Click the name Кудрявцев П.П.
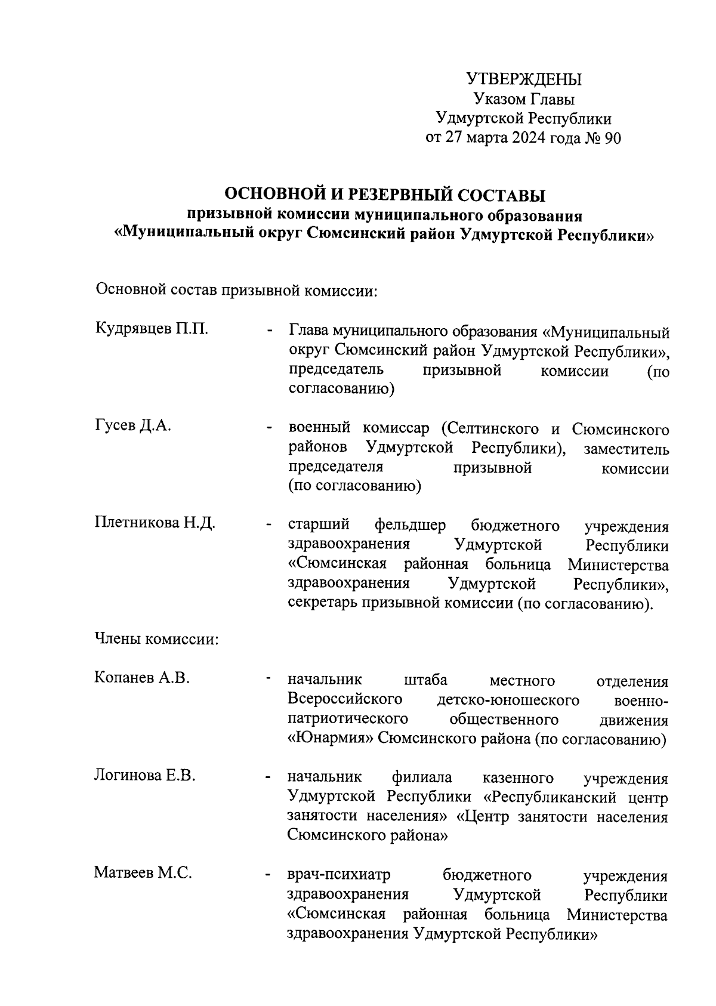tap(152, 329)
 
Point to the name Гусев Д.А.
tap(133, 425)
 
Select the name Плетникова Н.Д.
tap(155, 523)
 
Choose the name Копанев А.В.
tap(142, 677)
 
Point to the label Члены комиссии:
tap(157, 640)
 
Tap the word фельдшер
tap(410, 526)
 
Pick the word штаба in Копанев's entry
tap(425, 680)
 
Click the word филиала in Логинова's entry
tap(421, 777)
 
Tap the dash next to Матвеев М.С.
tap(269, 876)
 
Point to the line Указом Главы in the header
tap(523, 99)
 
